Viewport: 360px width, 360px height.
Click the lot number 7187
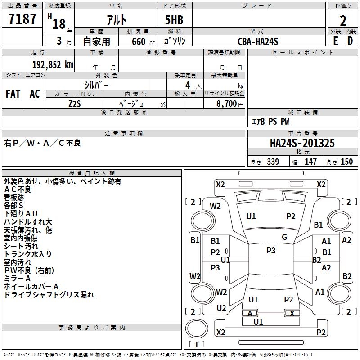(22, 19)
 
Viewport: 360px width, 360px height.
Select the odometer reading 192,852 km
(53, 64)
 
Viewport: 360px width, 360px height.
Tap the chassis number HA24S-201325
(302, 143)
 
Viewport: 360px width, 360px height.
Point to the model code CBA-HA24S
(258, 41)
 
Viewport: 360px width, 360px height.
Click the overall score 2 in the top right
(343, 21)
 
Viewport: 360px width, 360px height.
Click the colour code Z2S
(74, 103)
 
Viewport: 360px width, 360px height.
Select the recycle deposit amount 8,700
(226, 103)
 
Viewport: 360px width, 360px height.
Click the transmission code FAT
(13, 94)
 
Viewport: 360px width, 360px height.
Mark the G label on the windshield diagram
(284, 237)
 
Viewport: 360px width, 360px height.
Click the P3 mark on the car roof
(271, 251)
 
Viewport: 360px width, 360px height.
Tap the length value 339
(272, 162)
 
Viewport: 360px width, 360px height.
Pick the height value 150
(346, 162)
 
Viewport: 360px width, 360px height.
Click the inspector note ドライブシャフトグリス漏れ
(49, 295)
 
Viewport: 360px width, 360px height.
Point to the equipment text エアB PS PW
(270, 121)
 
